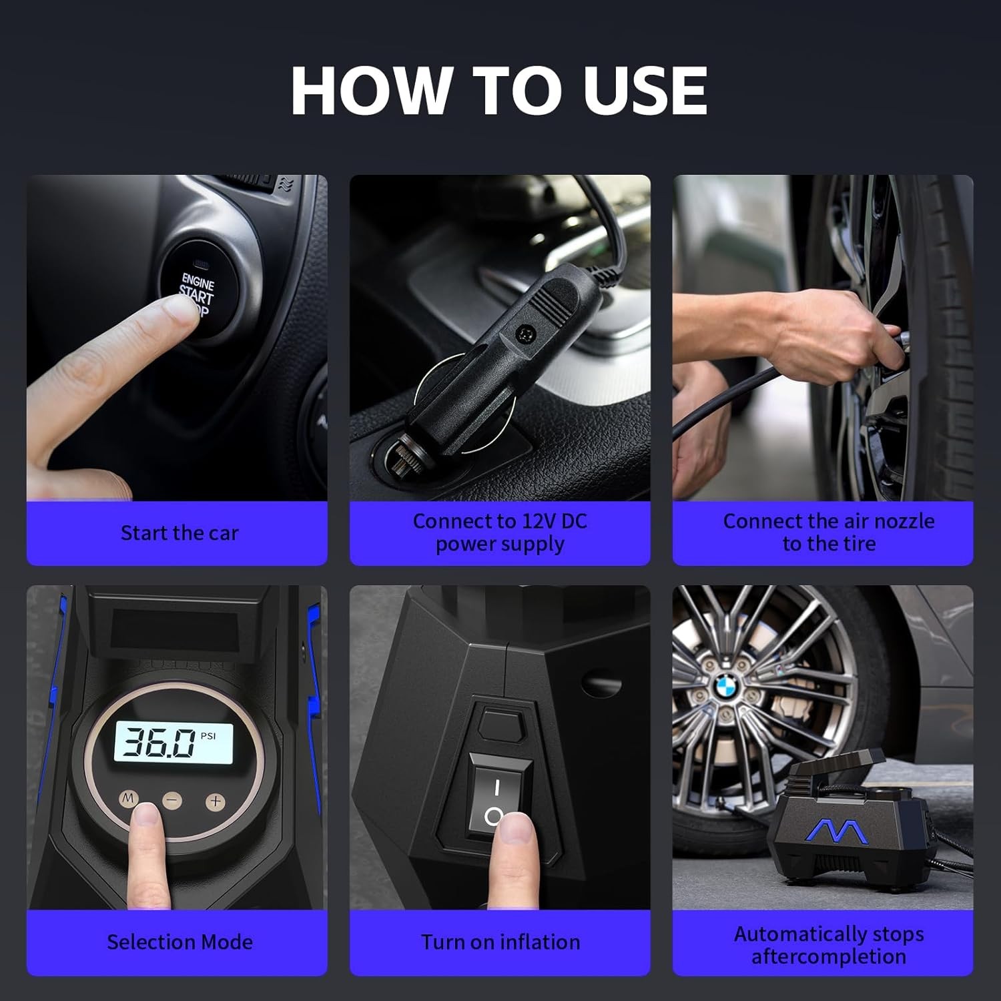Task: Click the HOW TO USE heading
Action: click(x=499, y=91)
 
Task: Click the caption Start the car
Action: click(x=179, y=533)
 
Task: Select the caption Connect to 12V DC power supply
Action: click(x=500, y=533)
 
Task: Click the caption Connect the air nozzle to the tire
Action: click(x=829, y=533)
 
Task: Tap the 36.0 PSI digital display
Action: click(x=174, y=742)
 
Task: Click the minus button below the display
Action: click(x=172, y=800)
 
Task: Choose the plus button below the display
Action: click(x=215, y=801)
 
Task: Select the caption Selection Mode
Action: click(x=180, y=942)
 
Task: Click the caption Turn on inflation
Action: click(x=500, y=942)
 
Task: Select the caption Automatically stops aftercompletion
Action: click(x=829, y=945)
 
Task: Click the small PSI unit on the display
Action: click(x=208, y=736)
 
